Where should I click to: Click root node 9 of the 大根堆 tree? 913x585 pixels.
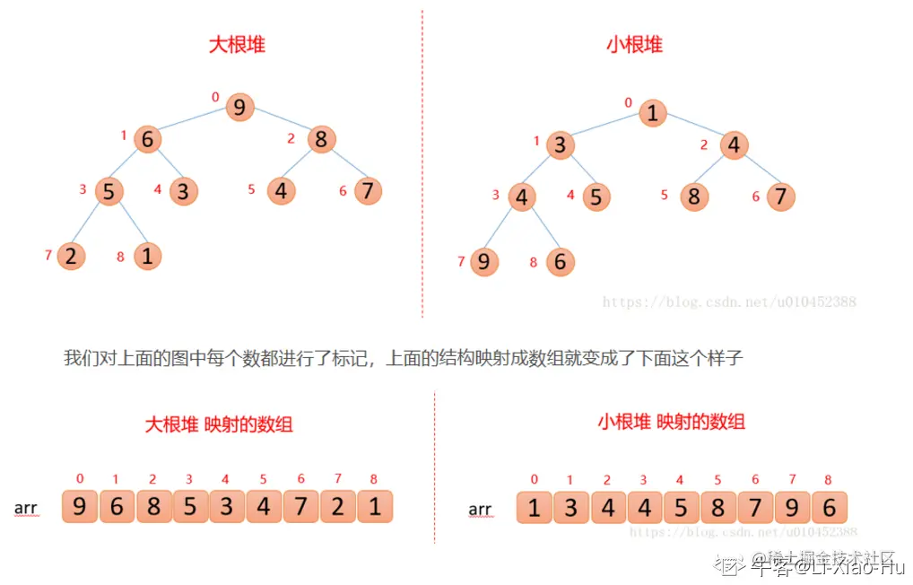(x=239, y=108)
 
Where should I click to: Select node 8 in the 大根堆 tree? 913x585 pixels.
(x=321, y=139)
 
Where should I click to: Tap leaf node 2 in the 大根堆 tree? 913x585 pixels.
(x=71, y=256)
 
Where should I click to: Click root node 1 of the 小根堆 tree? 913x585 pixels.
(x=653, y=113)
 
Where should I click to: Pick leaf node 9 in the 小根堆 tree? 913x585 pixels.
(x=484, y=262)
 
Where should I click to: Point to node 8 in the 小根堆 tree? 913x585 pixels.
(x=693, y=196)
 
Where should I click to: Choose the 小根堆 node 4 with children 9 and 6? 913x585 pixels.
(x=522, y=196)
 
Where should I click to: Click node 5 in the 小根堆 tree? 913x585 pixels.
(x=596, y=196)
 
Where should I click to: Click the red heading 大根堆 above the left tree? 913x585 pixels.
(x=237, y=45)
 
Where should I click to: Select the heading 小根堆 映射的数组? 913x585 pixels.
(x=671, y=421)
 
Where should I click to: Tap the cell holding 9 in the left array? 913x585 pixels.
(x=80, y=507)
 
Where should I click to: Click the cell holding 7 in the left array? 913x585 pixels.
(x=300, y=507)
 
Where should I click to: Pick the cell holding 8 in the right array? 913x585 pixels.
(x=718, y=509)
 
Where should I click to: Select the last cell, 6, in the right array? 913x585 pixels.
(x=829, y=509)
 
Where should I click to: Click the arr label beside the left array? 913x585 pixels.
(x=26, y=509)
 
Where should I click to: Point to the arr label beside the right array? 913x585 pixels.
(x=480, y=510)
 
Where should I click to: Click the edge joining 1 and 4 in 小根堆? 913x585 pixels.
(x=693, y=129)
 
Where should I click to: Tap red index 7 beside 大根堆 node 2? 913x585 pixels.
(x=48, y=256)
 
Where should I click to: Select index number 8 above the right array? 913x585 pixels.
(x=828, y=480)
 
